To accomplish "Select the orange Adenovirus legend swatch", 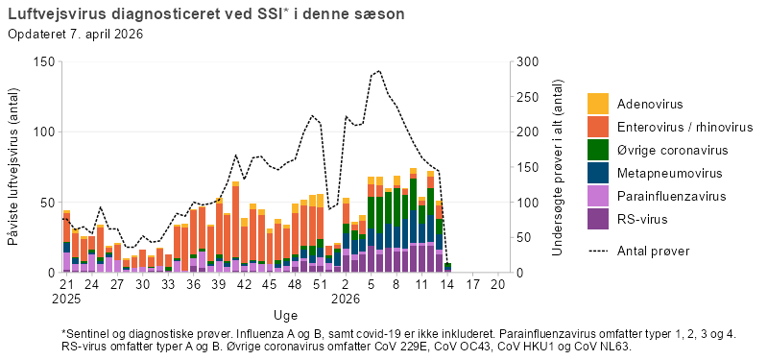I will pos(598,104).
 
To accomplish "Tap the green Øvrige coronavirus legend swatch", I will pos(598,150).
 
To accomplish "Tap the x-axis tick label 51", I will pos(320,286).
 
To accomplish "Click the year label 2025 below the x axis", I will pos(66,299).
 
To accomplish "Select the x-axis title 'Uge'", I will pos(285,314).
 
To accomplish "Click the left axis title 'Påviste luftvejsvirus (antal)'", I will pos(14,167).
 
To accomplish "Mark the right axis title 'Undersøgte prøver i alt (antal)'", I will pos(558,167).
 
